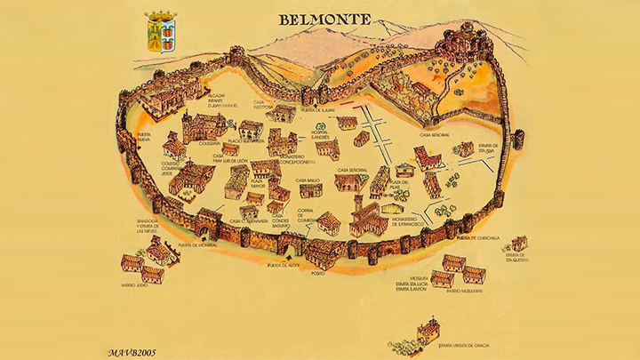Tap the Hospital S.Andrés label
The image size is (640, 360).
coord(322,135)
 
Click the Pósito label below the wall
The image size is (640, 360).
coord(318,274)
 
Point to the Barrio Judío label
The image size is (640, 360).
coord(135,286)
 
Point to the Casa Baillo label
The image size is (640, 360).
coord(307,180)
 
